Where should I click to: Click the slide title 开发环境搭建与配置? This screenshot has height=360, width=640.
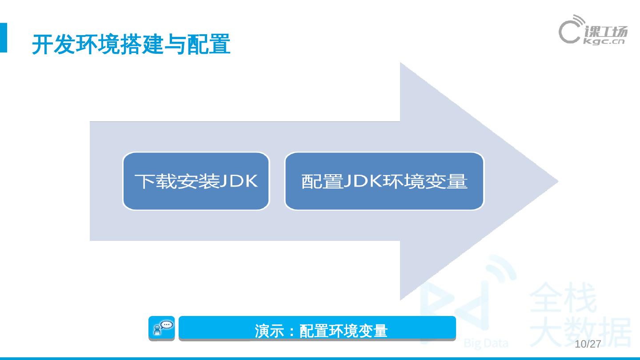point(131,45)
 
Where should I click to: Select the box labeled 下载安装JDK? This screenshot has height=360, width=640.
point(196,181)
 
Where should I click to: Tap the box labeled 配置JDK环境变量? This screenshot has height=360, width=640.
point(384,181)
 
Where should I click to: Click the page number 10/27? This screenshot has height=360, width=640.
point(588,344)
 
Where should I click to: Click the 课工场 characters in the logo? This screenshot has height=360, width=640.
point(606,32)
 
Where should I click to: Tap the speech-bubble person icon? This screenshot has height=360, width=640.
point(162,328)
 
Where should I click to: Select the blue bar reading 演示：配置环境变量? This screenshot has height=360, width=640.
point(317,329)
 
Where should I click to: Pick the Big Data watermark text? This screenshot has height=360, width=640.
point(486,344)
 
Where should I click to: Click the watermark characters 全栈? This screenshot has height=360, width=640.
point(563,299)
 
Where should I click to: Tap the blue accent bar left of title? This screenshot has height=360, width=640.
point(4,38)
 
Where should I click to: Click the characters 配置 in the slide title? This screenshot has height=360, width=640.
point(208,45)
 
